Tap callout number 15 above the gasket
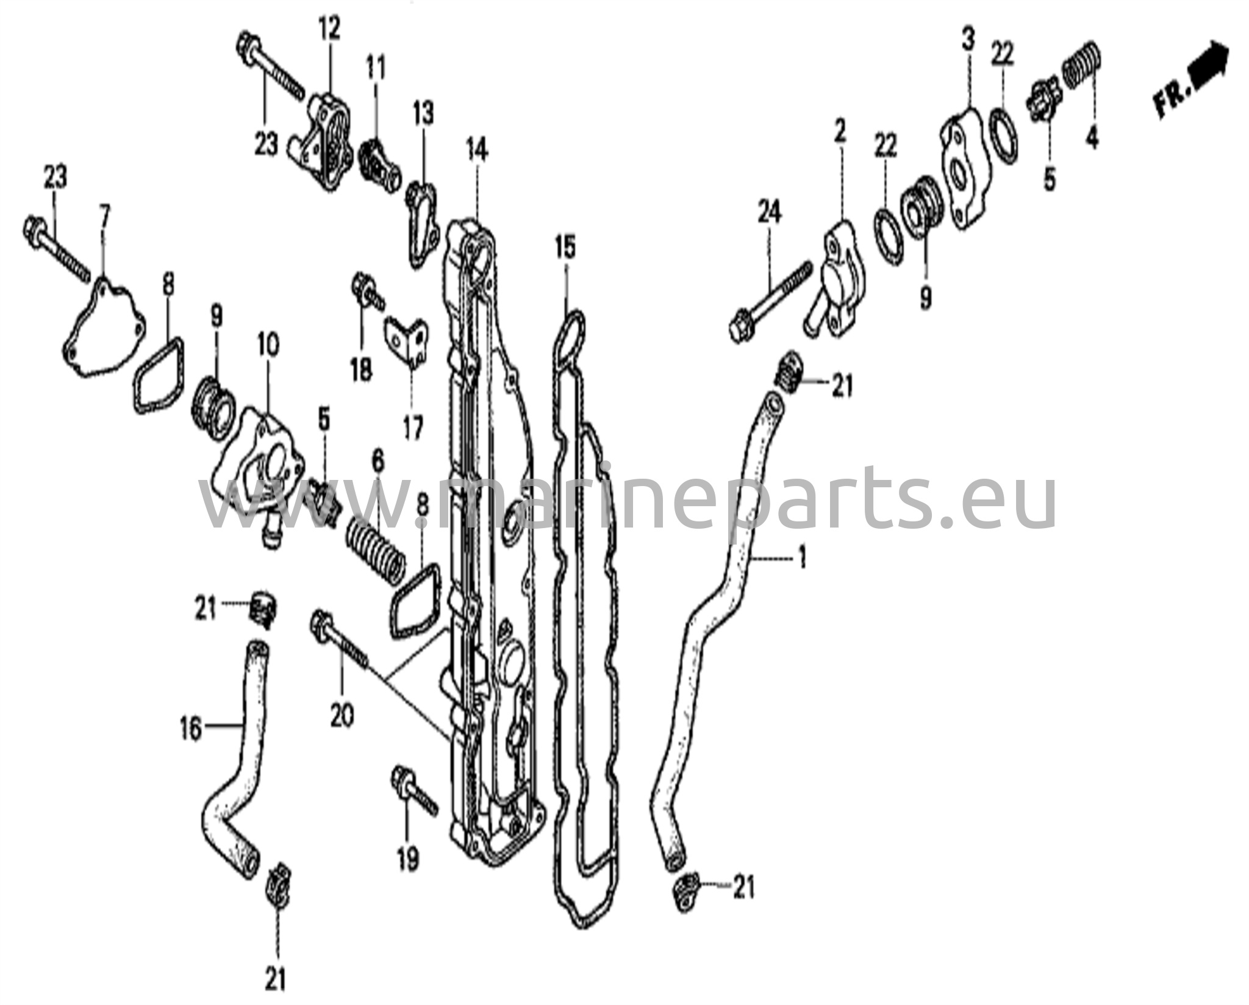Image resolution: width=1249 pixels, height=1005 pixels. (x=565, y=248)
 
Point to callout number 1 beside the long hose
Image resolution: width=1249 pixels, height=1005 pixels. (x=803, y=557)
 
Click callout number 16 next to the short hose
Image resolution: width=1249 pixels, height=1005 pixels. (x=191, y=729)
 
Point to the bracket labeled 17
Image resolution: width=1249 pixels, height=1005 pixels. (x=407, y=343)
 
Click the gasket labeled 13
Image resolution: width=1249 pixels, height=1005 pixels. (x=423, y=223)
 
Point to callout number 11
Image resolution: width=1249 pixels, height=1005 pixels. (x=376, y=68)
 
